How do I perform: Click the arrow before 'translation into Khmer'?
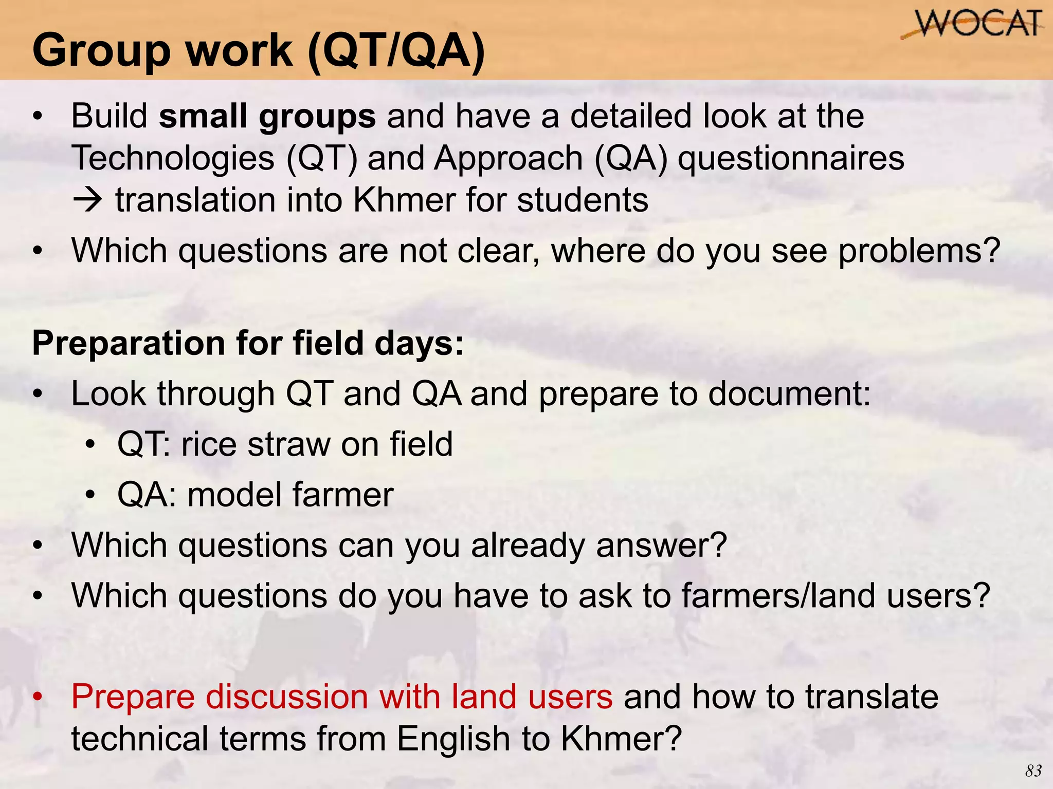(88, 200)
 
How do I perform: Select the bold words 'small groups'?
(267, 117)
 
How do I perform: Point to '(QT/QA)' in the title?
(396, 50)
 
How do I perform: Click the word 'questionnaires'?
(791, 158)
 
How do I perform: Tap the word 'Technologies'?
(173, 158)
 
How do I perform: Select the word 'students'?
(583, 200)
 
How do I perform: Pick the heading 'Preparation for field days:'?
(248, 343)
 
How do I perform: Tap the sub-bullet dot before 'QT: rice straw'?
(91, 445)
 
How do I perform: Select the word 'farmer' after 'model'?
(343, 495)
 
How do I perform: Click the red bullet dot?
(37, 698)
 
